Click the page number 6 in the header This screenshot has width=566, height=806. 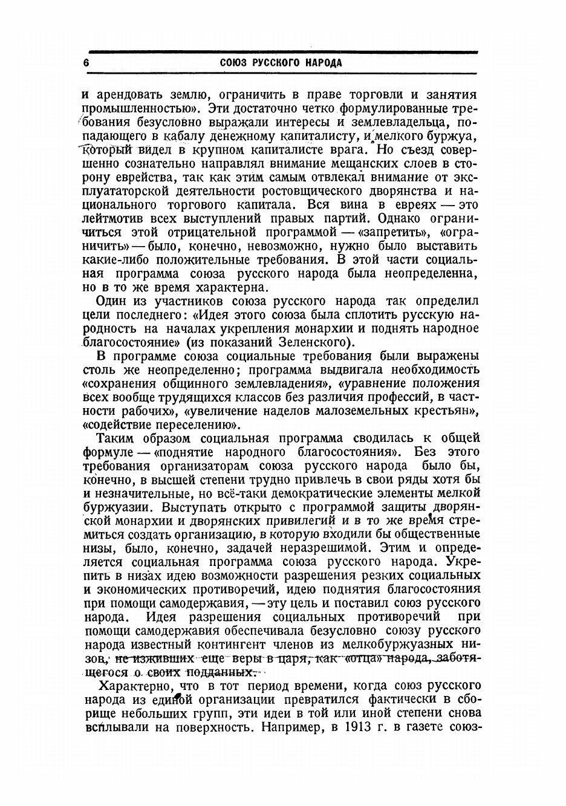coord(86,63)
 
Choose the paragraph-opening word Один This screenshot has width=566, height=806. coord(113,301)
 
